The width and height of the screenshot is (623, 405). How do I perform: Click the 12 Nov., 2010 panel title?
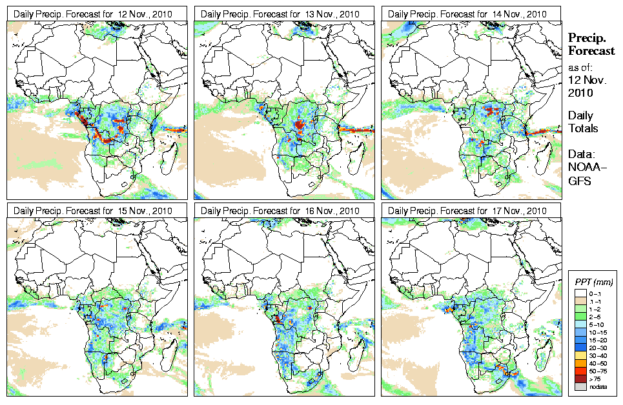point(93,14)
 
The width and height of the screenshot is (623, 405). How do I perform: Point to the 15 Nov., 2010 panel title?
point(93,211)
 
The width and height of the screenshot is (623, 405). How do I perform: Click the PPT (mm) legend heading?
point(593,282)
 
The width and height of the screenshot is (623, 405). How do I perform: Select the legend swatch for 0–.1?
point(579,293)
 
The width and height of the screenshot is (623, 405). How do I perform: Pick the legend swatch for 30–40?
point(579,355)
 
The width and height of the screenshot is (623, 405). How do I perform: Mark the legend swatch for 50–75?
point(579,370)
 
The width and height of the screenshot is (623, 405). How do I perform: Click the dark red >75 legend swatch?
point(579,378)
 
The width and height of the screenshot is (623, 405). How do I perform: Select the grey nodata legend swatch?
point(579,386)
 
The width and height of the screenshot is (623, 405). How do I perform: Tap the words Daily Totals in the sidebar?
point(583,122)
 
